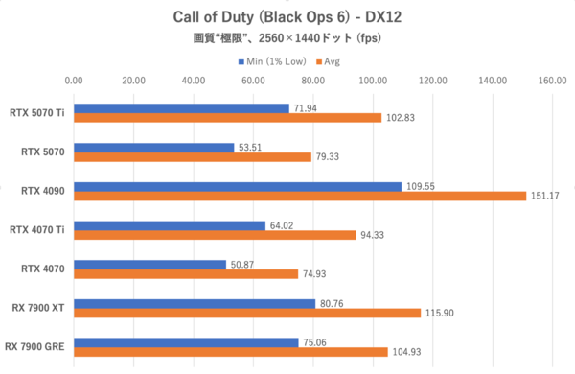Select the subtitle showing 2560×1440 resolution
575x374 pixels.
click(x=287, y=40)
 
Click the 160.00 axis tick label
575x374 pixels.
click(x=552, y=81)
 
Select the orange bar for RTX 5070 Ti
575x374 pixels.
click(x=227, y=117)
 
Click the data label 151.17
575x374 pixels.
click(x=543, y=196)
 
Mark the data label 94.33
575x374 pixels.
click(x=373, y=235)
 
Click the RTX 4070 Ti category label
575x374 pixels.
click(x=36, y=229)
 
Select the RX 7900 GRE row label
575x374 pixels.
click(x=35, y=346)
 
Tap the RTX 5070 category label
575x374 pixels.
click(x=43, y=152)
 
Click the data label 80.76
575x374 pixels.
click(x=331, y=303)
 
